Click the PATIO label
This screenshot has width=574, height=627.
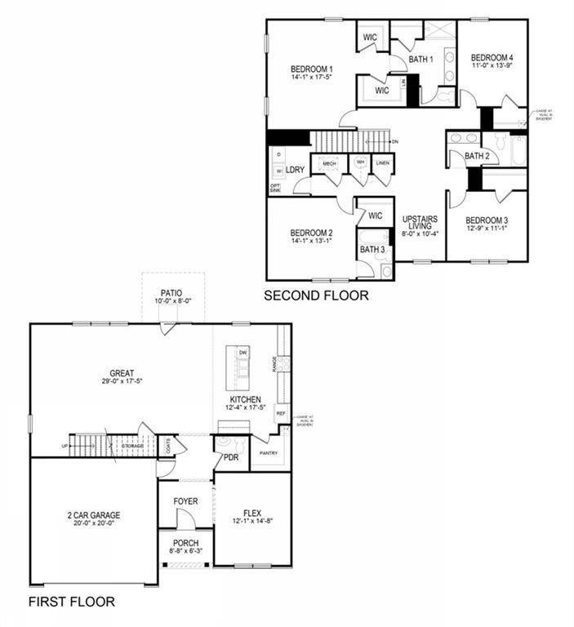pos(171,292)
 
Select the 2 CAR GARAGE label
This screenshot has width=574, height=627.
pos(94,515)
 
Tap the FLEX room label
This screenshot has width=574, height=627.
pos(252,513)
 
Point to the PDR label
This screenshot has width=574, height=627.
pos(231,458)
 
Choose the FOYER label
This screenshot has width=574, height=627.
pos(185,501)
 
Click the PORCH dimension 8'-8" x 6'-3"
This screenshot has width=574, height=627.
pos(185,553)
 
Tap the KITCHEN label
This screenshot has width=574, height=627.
pos(243,400)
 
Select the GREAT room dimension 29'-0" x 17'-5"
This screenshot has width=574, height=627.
pos(122,381)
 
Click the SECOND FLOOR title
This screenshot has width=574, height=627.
pos(315,296)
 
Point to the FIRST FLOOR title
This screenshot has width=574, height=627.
pos(72,603)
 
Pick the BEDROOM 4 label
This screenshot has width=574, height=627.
pos(492,57)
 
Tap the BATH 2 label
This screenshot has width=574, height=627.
pos(477,156)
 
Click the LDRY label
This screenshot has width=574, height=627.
pos(295,170)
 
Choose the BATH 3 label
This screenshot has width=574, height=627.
pos(372,249)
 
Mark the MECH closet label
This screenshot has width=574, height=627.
pos(330,164)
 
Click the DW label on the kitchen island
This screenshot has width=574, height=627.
pos(243,353)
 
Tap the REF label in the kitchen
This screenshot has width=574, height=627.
pos(281,414)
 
